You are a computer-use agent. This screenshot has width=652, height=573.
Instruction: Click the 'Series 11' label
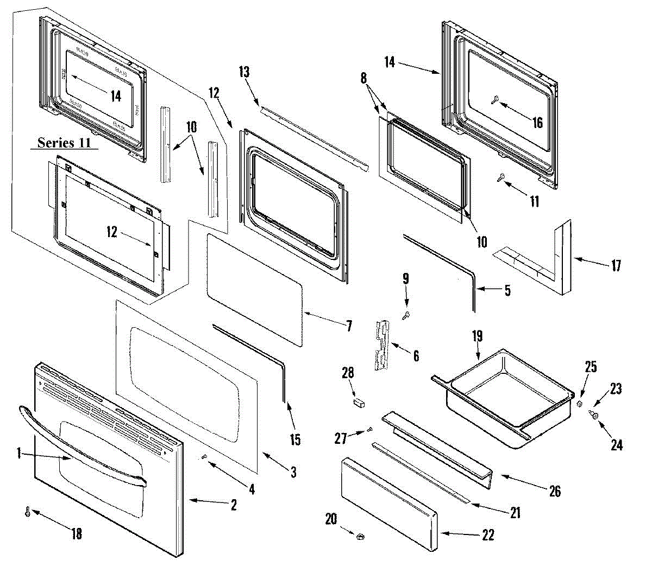click(x=64, y=143)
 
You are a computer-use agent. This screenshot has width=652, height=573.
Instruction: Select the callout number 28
click(x=348, y=373)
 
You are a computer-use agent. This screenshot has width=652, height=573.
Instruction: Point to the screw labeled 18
click(x=28, y=511)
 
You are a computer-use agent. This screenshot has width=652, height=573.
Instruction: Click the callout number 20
click(x=331, y=519)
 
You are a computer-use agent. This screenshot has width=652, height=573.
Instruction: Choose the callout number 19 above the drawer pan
click(x=477, y=336)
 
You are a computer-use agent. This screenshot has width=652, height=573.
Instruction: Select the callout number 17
click(x=616, y=266)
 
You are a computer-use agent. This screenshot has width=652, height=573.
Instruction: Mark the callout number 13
click(x=244, y=72)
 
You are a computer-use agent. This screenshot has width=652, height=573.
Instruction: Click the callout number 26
click(x=554, y=491)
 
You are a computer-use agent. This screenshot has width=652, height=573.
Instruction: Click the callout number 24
click(x=616, y=445)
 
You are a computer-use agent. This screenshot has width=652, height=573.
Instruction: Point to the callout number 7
click(x=348, y=326)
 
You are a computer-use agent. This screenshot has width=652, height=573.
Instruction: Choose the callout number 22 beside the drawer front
click(x=488, y=535)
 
